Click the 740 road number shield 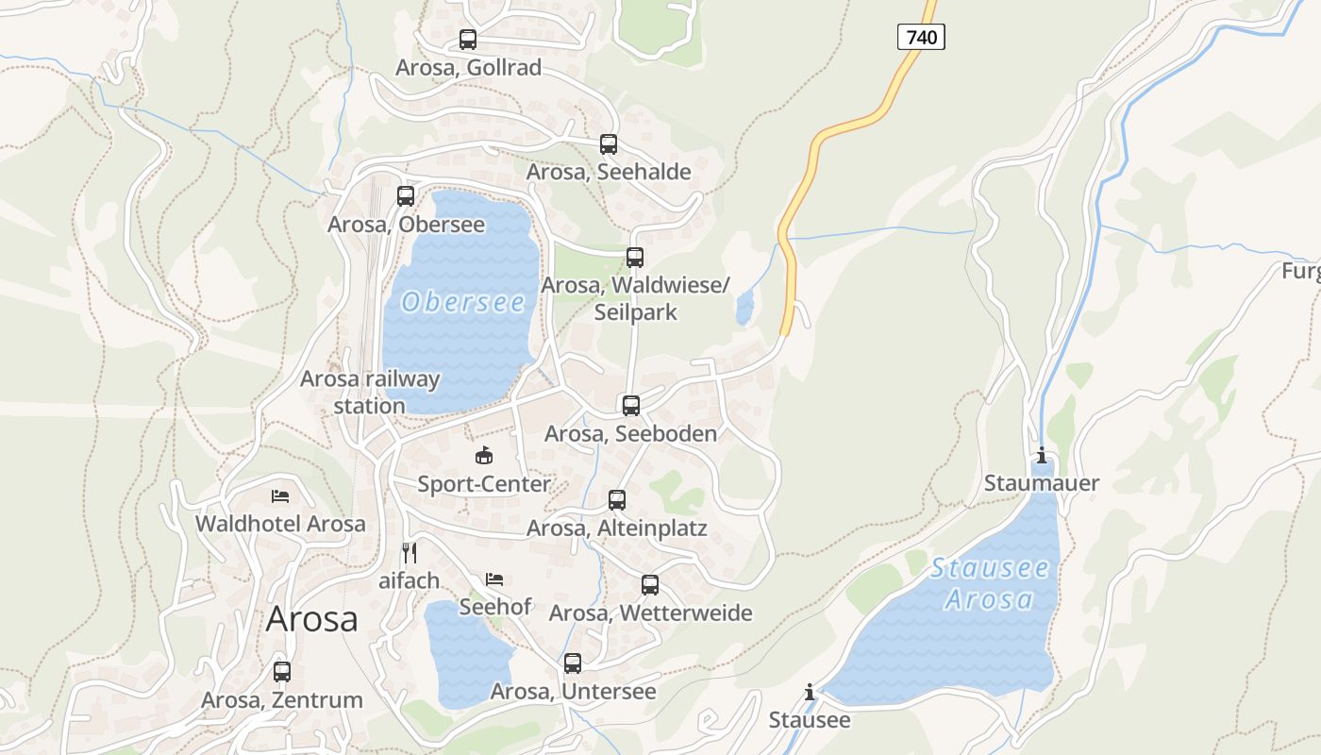920,37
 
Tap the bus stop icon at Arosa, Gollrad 468,40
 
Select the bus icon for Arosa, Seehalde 609,144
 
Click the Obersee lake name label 463,302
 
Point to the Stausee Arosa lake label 989,583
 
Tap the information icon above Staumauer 1042,456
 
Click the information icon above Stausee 809,693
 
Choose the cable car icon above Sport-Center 484,456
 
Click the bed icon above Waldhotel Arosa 280,495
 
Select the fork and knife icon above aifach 410,552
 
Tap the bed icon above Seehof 494,579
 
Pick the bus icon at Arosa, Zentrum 282,672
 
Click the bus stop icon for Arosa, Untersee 573,663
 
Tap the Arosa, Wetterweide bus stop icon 650,585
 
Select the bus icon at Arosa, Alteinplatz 617,500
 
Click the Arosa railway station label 370,392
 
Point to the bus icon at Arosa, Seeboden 631,406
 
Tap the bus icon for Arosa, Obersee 406,196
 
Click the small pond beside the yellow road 744,307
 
